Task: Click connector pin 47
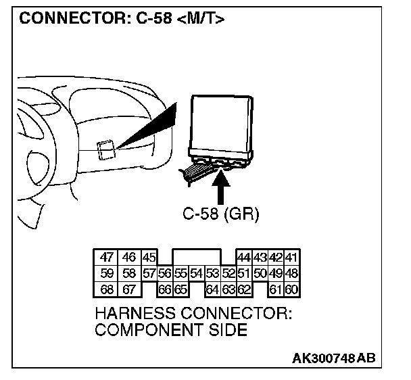click(106, 258)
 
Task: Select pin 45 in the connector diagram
click(149, 258)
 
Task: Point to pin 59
click(106, 274)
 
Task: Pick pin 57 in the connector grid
click(149, 274)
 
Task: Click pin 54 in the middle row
click(196, 274)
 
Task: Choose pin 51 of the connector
click(244, 274)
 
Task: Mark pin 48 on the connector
click(293, 274)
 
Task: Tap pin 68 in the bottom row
click(106, 290)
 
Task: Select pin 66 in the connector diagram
click(164, 290)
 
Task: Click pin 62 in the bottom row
click(244, 290)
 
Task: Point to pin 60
click(293, 290)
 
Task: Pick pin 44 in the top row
click(244, 258)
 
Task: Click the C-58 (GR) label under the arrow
click(221, 214)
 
